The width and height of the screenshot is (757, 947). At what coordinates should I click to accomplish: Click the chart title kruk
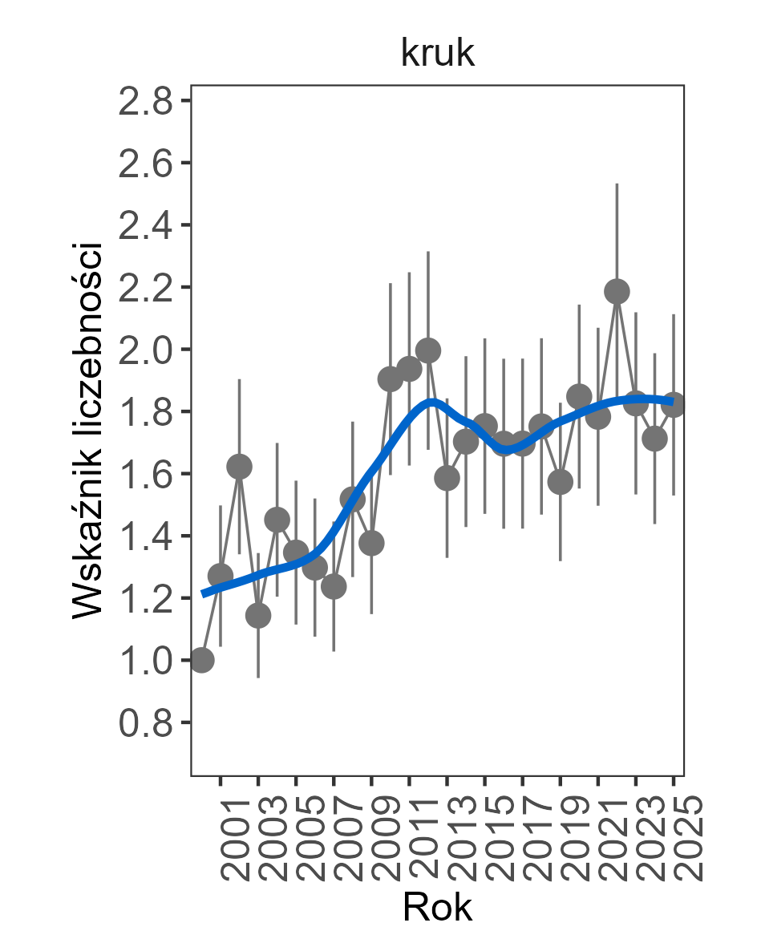coord(438,54)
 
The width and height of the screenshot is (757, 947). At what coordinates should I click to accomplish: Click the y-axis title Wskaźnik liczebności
coord(88,431)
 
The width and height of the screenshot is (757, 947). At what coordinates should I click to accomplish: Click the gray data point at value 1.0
coord(201,660)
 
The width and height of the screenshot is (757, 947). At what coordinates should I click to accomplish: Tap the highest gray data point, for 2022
coord(617,291)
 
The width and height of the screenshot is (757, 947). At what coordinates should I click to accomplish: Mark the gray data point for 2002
coord(239,466)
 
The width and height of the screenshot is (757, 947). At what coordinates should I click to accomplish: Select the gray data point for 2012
coord(428,350)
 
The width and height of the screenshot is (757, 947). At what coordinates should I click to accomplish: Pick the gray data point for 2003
coord(258,615)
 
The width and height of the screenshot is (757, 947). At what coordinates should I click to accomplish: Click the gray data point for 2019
coord(561,481)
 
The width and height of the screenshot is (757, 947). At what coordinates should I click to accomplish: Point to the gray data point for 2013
coord(447,478)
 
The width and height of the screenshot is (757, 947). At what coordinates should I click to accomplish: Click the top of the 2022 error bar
coord(617,184)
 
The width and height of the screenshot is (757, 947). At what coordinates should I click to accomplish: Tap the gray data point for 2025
coord(674,405)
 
